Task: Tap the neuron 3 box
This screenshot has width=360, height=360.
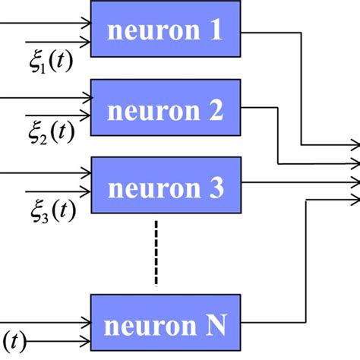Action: point(166,188)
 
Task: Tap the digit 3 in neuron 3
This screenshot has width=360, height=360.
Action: point(215,188)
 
